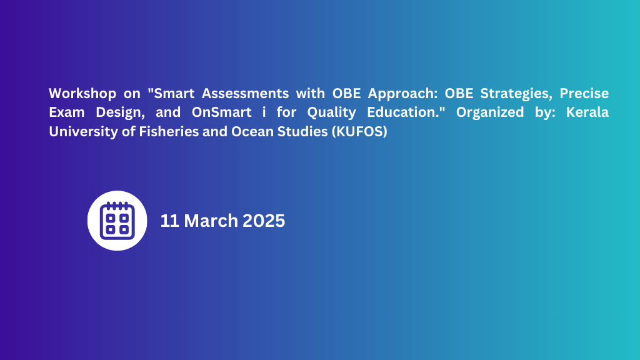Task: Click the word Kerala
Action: pos(586,113)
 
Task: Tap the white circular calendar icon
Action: pos(117,221)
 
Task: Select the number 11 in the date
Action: pos(169,221)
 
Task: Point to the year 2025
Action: pos(264,221)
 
